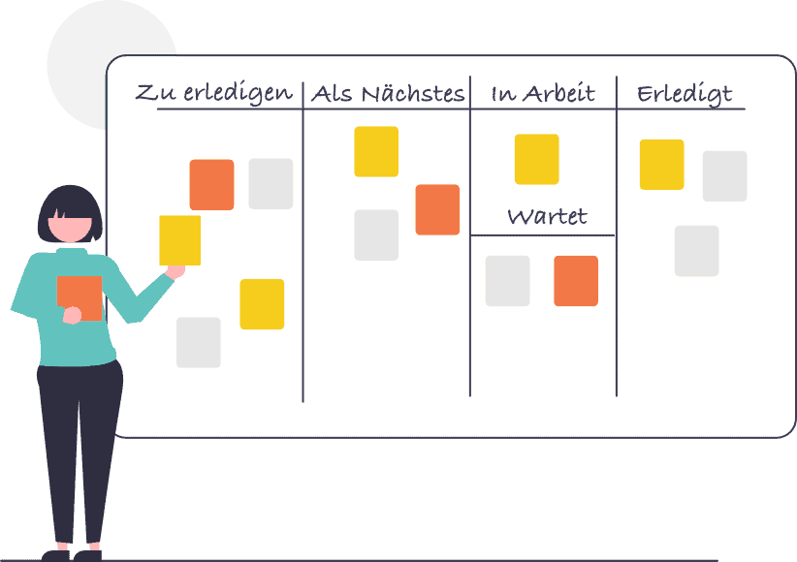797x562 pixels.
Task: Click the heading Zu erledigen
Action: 213,93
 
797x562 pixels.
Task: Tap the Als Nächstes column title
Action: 388,94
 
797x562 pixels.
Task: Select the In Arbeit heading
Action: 542,94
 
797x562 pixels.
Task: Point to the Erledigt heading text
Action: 684,94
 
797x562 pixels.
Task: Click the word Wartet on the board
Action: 547,215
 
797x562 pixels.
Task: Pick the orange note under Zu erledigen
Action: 211,184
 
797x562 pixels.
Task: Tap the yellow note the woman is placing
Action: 179,239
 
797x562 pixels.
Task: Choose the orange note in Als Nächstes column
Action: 437,209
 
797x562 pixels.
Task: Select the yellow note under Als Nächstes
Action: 376,151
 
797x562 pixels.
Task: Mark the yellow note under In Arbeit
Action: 536,159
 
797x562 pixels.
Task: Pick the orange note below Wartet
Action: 576,281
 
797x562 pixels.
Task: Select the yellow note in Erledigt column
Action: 661,164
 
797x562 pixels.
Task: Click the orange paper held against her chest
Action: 80,296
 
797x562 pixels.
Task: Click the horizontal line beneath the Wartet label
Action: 543,234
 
